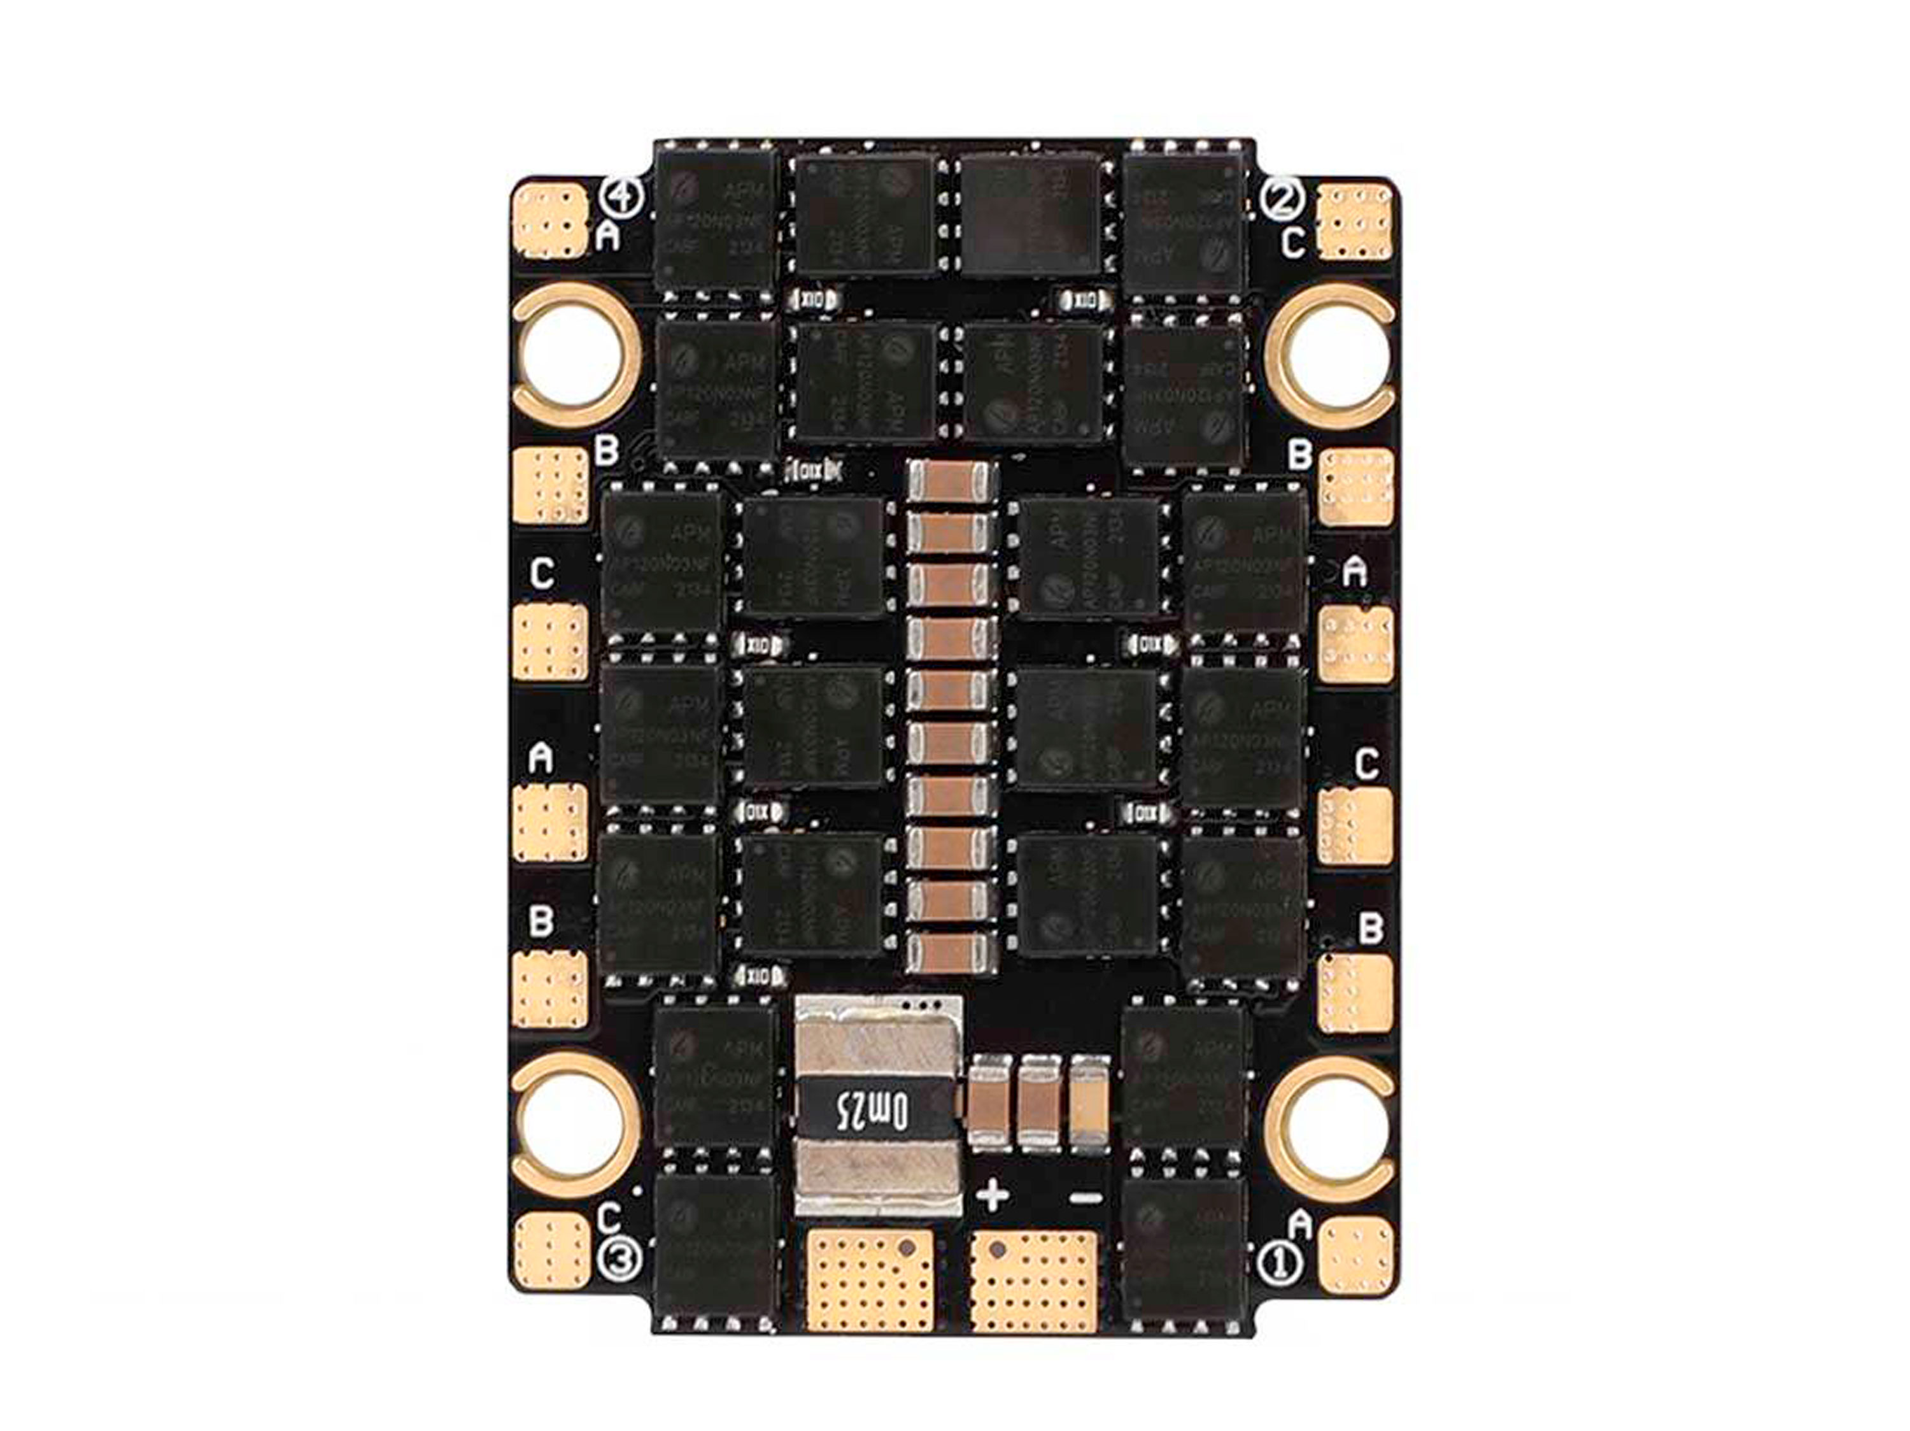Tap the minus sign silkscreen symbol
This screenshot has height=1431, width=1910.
(x=1086, y=1197)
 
